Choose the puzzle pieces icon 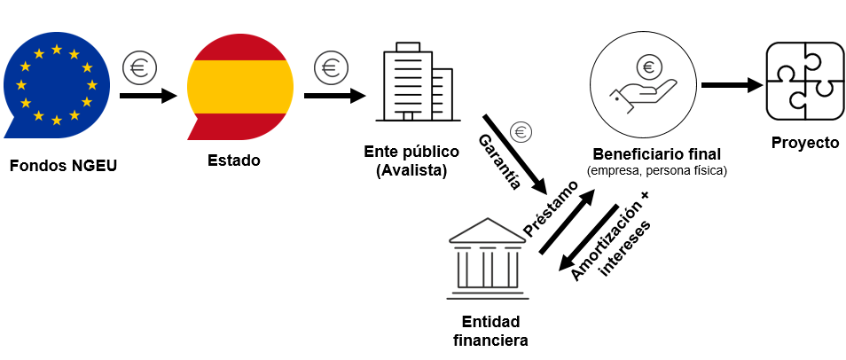804,85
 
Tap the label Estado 234,160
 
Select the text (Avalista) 411,169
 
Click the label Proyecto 804,143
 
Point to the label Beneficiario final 657,153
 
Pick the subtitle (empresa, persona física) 657,169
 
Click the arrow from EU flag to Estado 148,94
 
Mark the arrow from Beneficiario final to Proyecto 732,86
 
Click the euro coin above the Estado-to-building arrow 330,67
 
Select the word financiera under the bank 490,339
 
